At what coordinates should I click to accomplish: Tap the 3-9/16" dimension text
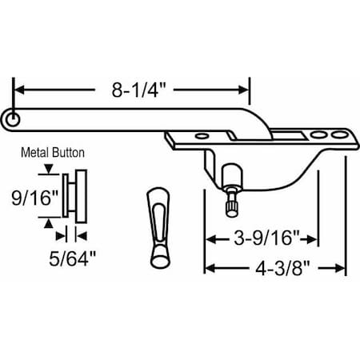click(x=262, y=238)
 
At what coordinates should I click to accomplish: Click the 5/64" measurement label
click(x=71, y=259)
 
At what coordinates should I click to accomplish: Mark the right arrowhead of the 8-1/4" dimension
click(x=246, y=90)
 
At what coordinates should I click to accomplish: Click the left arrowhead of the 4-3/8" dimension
click(x=210, y=269)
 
